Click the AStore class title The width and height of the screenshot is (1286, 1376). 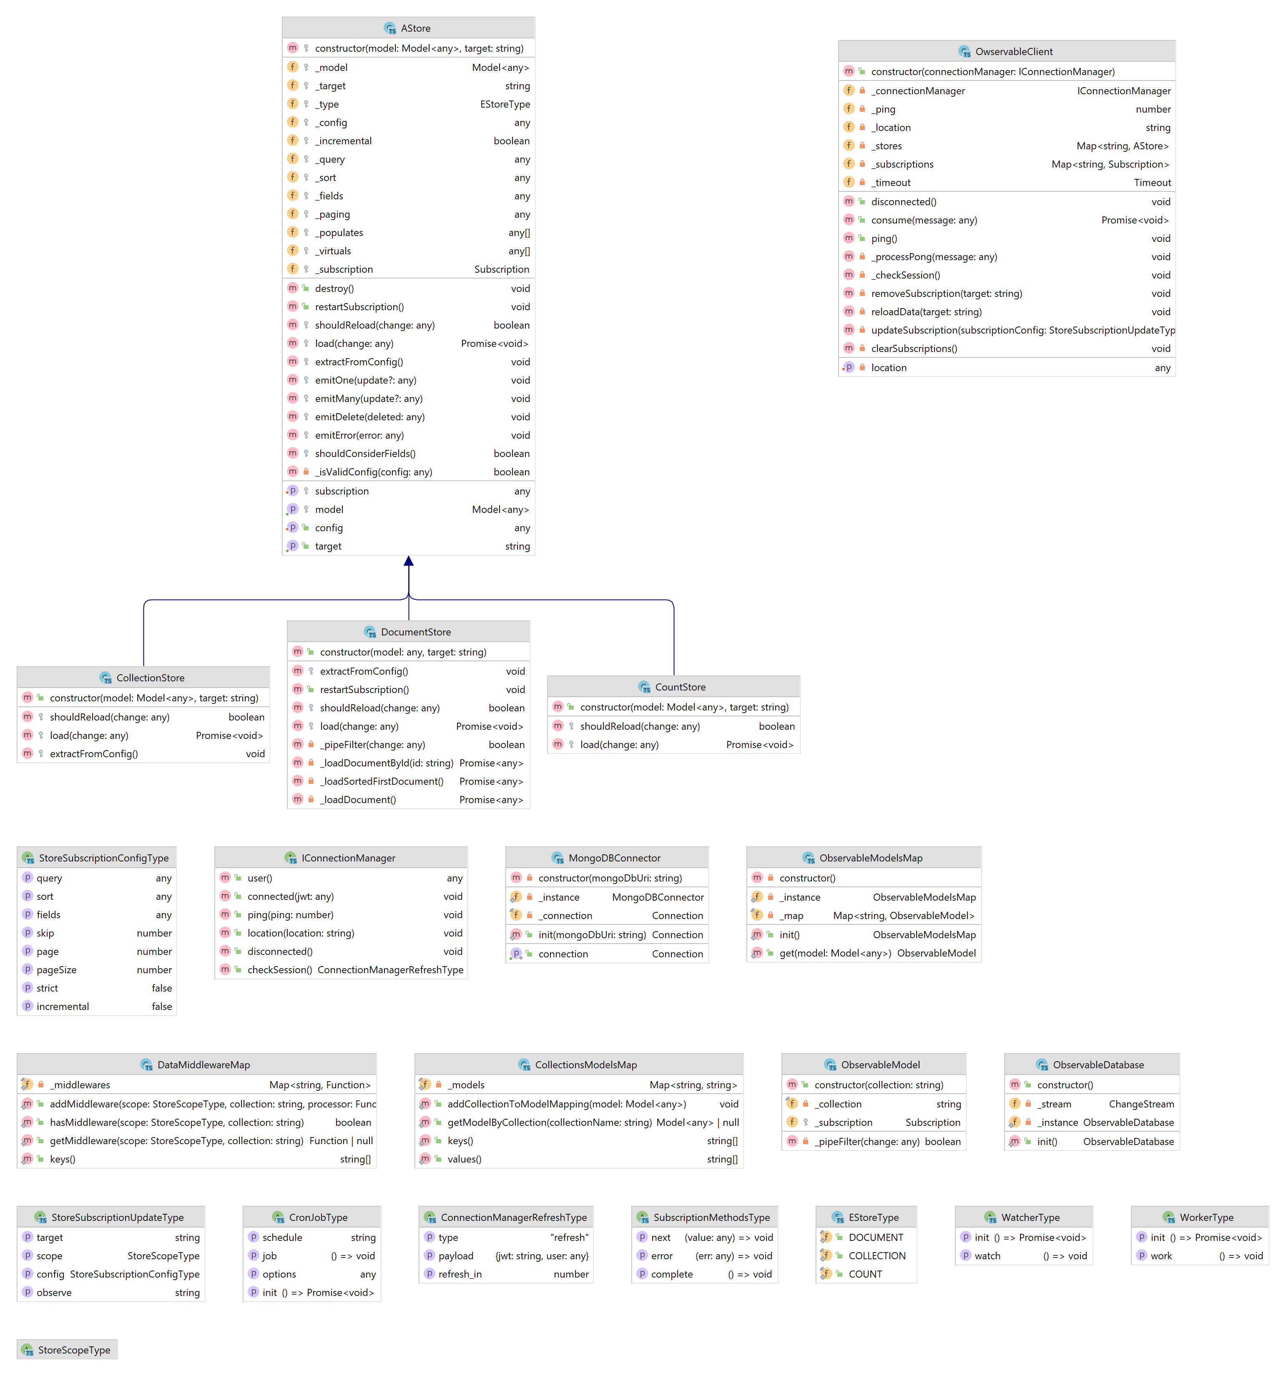click(x=415, y=28)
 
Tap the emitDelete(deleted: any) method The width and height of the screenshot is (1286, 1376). click(x=369, y=417)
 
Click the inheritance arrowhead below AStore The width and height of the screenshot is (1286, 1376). click(x=408, y=561)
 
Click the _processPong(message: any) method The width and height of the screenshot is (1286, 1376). click(x=934, y=257)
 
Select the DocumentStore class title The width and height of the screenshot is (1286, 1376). click(x=415, y=632)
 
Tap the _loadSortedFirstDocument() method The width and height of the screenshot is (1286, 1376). click(x=382, y=781)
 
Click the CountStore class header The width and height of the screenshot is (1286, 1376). click(x=680, y=687)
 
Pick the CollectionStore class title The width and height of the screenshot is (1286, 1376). click(x=150, y=678)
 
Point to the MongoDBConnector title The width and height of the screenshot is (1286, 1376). click(x=614, y=858)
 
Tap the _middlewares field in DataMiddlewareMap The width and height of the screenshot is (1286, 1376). click(x=80, y=1085)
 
